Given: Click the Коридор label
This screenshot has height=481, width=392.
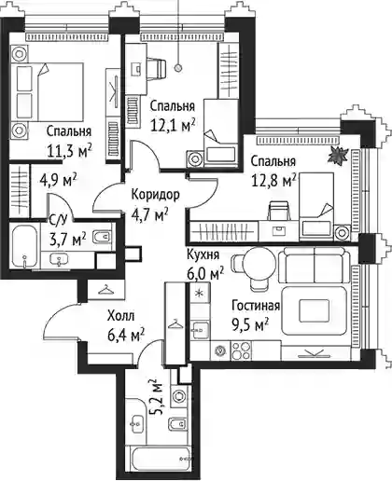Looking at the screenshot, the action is (155, 195).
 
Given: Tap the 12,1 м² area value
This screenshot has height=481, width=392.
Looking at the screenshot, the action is (173, 125).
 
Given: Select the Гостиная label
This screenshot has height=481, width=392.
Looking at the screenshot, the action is (256, 306).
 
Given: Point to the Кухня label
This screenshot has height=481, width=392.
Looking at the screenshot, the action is (203, 254).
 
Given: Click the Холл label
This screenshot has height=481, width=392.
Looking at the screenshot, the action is (121, 316).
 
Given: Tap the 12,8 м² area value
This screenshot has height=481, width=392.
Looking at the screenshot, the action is (273, 181).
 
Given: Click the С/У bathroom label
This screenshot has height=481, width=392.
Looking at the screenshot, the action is (58, 220).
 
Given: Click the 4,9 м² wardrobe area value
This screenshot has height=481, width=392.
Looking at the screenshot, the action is (58, 180).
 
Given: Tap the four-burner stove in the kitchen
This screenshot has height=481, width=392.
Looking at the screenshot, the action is (241, 350).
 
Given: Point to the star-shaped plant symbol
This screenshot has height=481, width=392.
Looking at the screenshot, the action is (338, 156).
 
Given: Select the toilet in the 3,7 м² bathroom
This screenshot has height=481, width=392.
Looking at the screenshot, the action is (103, 236).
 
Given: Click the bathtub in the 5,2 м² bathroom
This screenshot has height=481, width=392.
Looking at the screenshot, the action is (161, 459).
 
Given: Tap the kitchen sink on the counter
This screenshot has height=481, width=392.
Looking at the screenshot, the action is (200, 329).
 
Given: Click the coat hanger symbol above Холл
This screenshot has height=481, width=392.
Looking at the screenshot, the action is (105, 290).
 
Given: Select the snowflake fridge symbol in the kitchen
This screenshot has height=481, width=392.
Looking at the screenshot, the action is (199, 293).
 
